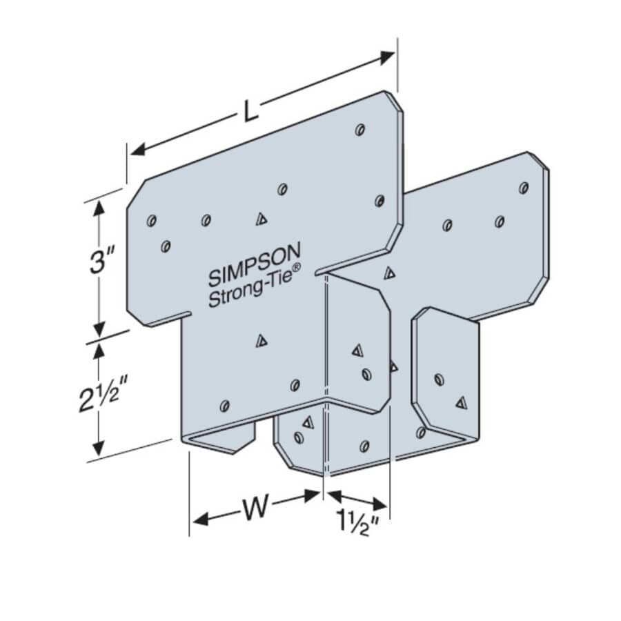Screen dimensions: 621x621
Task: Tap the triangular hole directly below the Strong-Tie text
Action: point(261,339)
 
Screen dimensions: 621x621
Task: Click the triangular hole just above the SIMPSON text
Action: point(261,219)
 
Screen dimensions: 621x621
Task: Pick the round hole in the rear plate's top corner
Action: point(524,187)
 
